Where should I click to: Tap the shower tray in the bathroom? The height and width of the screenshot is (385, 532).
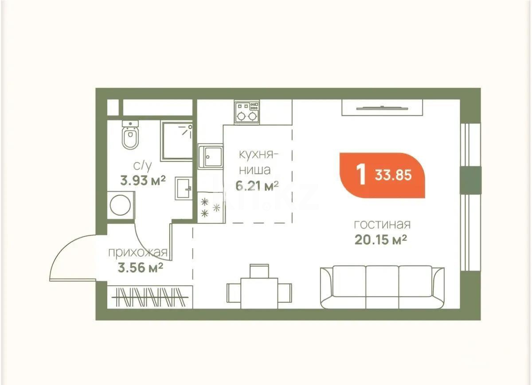click(x=176, y=141)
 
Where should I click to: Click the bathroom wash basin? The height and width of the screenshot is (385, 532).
click(x=184, y=189)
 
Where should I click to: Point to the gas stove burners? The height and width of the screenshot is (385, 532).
click(x=247, y=113)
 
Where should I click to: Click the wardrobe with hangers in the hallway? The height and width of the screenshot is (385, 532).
click(x=151, y=296)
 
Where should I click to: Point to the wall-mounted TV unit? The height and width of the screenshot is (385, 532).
click(x=382, y=107)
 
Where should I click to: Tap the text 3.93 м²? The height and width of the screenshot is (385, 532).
click(x=143, y=180)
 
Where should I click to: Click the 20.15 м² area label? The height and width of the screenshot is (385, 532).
click(x=381, y=240)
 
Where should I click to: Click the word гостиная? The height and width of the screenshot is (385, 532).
click(x=382, y=224)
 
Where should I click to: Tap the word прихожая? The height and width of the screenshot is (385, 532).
click(x=138, y=253)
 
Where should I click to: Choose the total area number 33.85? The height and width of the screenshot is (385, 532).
click(x=393, y=175)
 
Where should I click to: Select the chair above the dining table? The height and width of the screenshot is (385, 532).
click(x=259, y=270)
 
